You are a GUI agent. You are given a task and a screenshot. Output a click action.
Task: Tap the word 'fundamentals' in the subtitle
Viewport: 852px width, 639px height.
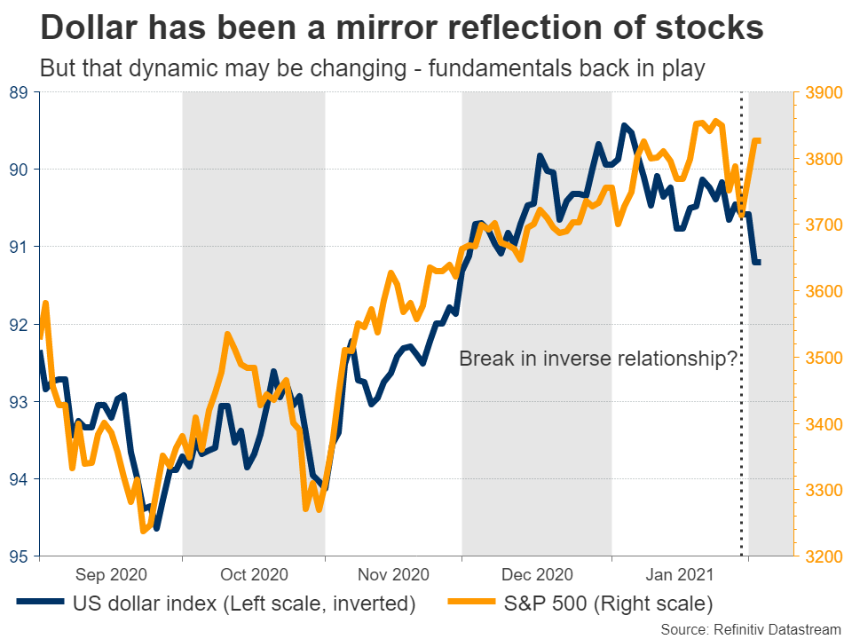click(x=481, y=67)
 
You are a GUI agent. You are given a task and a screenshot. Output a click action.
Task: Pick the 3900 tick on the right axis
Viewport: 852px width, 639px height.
click(x=821, y=92)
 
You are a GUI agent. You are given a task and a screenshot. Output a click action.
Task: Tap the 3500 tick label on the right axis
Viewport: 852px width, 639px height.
click(x=821, y=358)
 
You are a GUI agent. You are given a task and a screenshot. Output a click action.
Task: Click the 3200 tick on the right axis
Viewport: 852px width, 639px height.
click(x=821, y=556)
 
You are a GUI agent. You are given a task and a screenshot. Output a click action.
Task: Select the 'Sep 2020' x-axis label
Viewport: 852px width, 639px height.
click(x=111, y=574)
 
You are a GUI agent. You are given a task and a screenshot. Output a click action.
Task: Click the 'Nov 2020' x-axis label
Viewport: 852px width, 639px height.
click(x=393, y=574)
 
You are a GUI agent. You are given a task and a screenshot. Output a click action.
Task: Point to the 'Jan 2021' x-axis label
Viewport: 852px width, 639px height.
click(x=681, y=574)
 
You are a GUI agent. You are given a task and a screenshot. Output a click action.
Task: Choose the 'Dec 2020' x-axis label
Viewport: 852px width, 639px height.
click(x=537, y=574)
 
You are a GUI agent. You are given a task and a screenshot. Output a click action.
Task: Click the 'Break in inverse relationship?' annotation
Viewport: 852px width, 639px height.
click(x=599, y=359)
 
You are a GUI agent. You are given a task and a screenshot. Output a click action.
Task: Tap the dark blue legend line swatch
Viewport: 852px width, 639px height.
click(x=40, y=604)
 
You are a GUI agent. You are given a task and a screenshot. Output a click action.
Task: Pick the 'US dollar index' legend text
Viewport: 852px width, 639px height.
click(x=146, y=604)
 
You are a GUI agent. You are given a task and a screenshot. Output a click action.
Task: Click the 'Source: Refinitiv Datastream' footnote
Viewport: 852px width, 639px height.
click(x=751, y=628)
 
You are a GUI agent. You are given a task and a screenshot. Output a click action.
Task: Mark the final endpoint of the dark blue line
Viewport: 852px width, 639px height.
click(x=760, y=262)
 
